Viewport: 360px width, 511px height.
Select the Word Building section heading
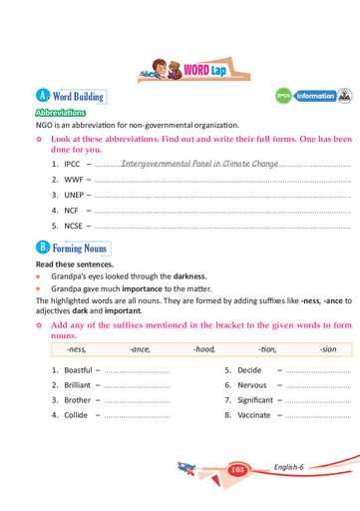coord(78,97)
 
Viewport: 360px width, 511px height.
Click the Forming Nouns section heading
coord(80,247)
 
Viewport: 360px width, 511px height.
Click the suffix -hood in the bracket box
coord(204,350)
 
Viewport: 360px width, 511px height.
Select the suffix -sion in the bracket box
coord(330,350)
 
